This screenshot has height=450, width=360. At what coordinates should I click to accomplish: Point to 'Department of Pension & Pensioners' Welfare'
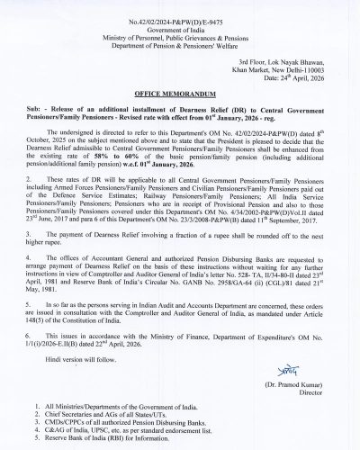tap(179, 40)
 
